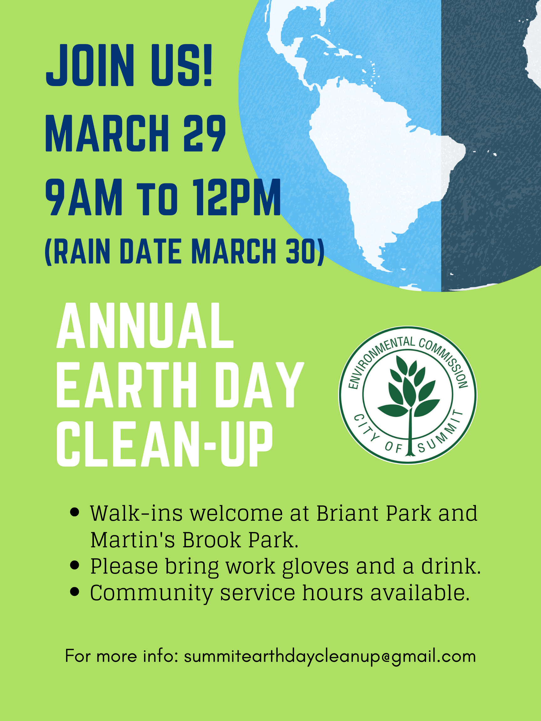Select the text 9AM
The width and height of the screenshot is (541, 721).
pyautogui.click(x=84, y=197)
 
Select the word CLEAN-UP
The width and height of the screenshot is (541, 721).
pyautogui.click(x=165, y=444)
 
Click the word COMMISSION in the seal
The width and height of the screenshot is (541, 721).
pyautogui.click(x=446, y=362)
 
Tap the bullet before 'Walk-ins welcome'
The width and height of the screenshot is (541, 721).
pyautogui.click(x=75, y=512)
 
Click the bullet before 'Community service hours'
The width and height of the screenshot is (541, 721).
pyautogui.click(x=75, y=592)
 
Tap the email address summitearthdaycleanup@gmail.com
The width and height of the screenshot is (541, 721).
pyautogui.click(x=330, y=656)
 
